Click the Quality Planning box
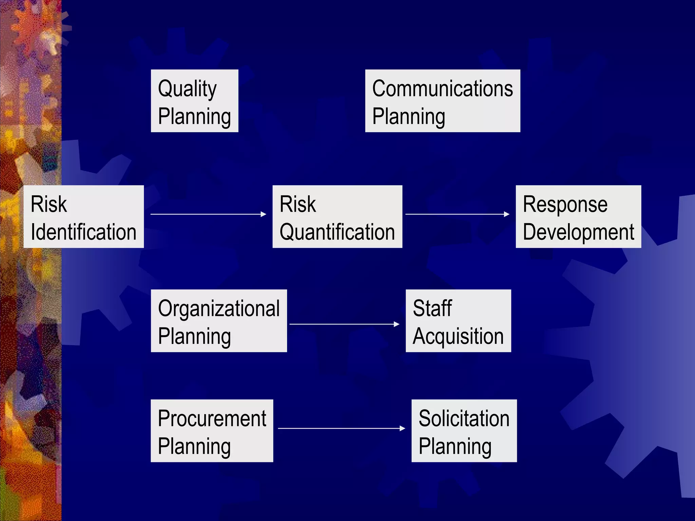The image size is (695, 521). [x=194, y=101]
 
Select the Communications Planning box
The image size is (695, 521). [x=443, y=101]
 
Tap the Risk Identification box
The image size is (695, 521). [x=83, y=216]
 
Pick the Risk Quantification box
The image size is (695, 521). [x=337, y=216]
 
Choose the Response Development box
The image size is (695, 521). [x=578, y=216]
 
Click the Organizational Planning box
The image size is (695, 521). [x=219, y=321]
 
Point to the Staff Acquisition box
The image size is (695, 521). [x=458, y=321]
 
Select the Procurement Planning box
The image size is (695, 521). [x=212, y=430]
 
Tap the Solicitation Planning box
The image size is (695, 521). [x=464, y=430]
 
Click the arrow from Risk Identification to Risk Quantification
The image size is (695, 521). [x=208, y=214]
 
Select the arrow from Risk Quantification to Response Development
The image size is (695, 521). [x=457, y=214]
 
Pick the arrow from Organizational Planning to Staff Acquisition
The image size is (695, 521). [x=344, y=324]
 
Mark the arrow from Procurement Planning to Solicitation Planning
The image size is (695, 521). [x=341, y=428]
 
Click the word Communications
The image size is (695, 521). [x=443, y=89]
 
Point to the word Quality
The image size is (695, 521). [x=187, y=89]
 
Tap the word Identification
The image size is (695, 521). [x=83, y=232]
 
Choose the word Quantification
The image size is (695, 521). [x=337, y=232]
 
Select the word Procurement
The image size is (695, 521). [x=212, y=418]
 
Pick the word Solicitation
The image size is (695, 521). [x=464, y=418]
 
